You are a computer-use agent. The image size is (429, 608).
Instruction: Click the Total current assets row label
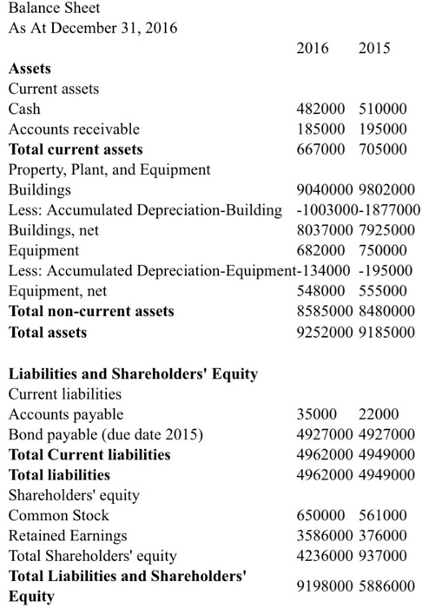tap(76, 150)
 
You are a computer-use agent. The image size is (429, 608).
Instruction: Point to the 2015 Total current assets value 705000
tap(382, 150)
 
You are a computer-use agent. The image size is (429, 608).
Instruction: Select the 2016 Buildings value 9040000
tap(319, 190)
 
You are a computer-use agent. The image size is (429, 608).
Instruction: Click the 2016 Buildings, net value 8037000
tap(319, 230)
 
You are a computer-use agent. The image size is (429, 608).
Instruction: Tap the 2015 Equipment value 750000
tap(382, 251)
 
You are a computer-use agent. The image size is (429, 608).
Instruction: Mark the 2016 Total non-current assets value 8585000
tap(319, 311)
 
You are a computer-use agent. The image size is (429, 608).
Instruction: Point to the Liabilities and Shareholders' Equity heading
tap(133, 374)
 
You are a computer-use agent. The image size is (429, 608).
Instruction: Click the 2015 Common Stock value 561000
tap(382, 515)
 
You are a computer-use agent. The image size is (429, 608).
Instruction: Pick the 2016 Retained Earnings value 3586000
tap(319, 535)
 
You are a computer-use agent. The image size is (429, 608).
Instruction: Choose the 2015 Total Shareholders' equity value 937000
tap(382, 555)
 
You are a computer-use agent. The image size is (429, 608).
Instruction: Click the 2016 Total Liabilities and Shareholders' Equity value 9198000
tap(319, 585)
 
